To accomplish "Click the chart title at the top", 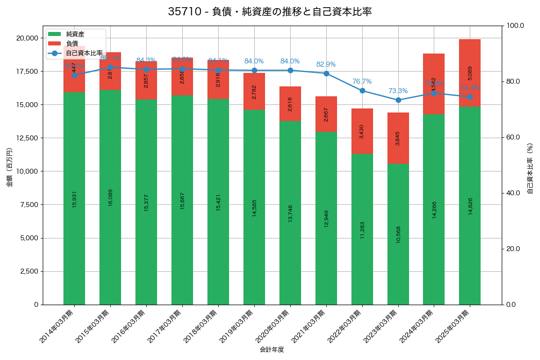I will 270,12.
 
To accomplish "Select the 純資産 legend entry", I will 75,34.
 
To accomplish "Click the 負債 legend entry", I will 72,43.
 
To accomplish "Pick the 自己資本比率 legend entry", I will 84,53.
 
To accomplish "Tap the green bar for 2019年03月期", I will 254,207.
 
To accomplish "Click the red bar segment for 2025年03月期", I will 470,73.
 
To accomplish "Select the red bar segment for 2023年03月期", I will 398,138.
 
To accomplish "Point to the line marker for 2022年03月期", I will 362,90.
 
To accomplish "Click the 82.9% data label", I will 326,64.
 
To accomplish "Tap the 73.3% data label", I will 398,91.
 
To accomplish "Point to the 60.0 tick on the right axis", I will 513,137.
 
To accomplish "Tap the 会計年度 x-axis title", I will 272,350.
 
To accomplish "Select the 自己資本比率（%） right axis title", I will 530,168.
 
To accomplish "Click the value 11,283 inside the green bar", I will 362,229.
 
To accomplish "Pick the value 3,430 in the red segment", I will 362,131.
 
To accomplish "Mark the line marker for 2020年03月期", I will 290,70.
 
